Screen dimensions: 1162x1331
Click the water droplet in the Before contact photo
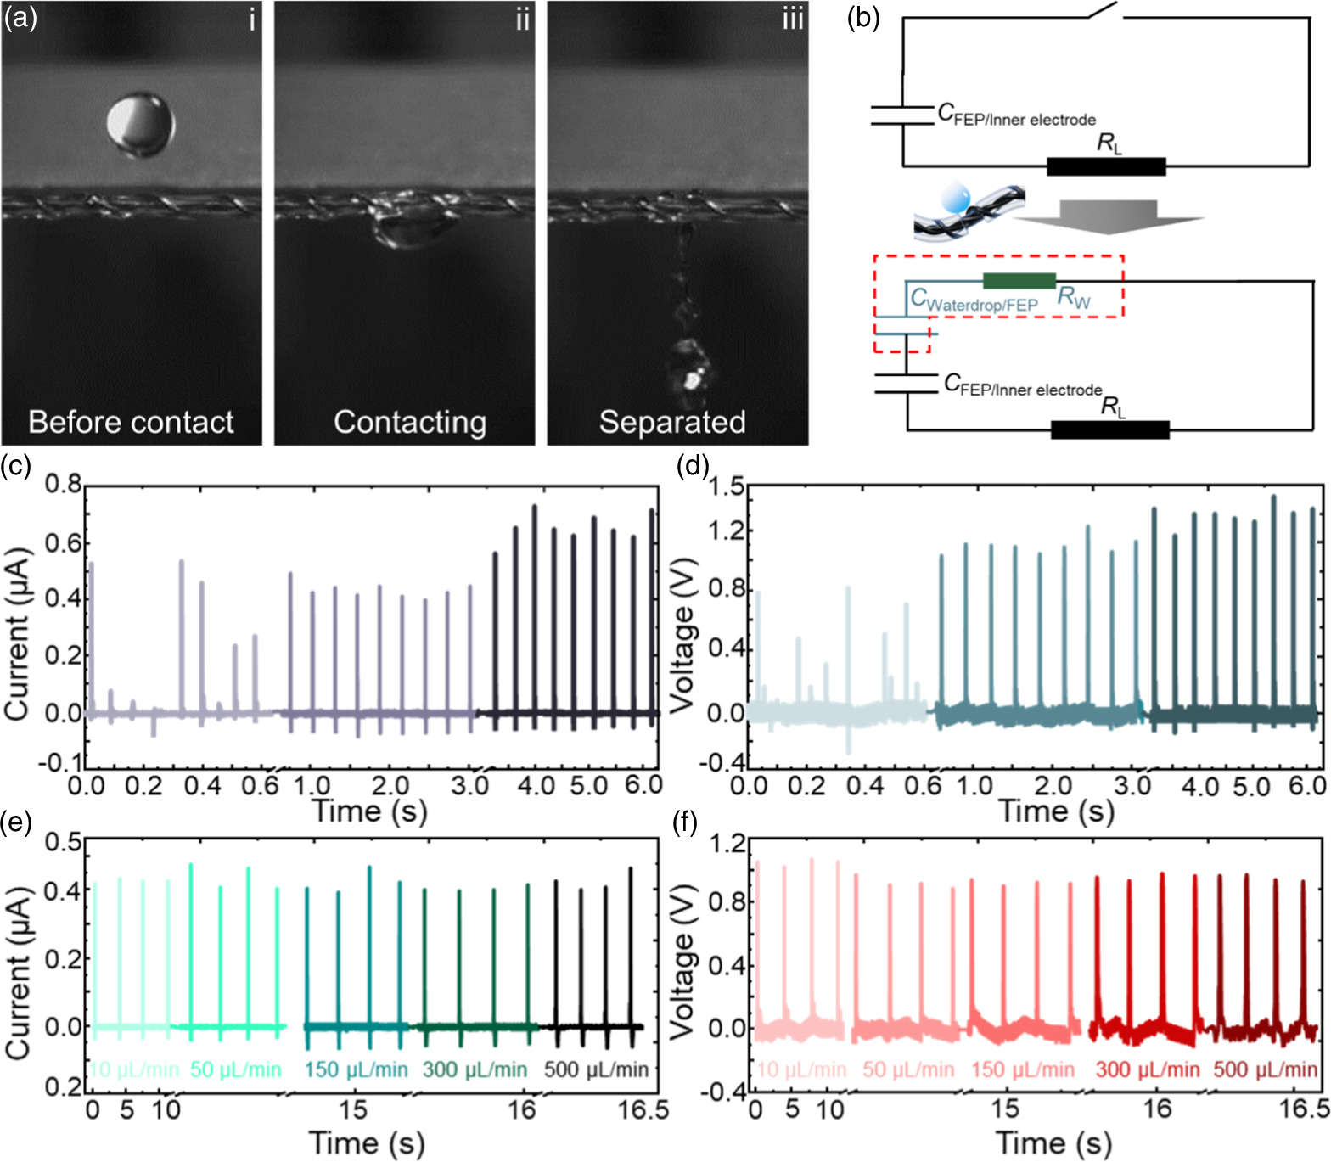click(140, 125)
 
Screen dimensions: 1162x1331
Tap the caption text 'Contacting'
click(409, 422)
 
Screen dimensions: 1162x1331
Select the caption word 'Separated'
click(672, 422)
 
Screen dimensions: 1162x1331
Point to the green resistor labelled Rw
click(1019, 281)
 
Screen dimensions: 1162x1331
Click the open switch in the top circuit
click(1106, 12)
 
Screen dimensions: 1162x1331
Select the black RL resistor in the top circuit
click(1105, 166)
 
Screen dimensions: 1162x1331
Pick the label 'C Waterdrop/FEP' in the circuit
click(974, 300)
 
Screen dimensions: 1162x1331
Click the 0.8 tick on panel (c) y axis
click(64, 485)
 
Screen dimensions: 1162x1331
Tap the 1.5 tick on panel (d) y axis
click(726, 487)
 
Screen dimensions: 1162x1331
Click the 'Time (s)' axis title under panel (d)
click(1056, 811)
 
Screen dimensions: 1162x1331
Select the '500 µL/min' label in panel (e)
click(596, 1069)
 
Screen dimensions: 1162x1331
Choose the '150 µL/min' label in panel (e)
click(356, 1069)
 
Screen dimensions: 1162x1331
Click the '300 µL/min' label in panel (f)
click(1147, 1069)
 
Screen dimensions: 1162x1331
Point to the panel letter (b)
click(862, 18)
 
